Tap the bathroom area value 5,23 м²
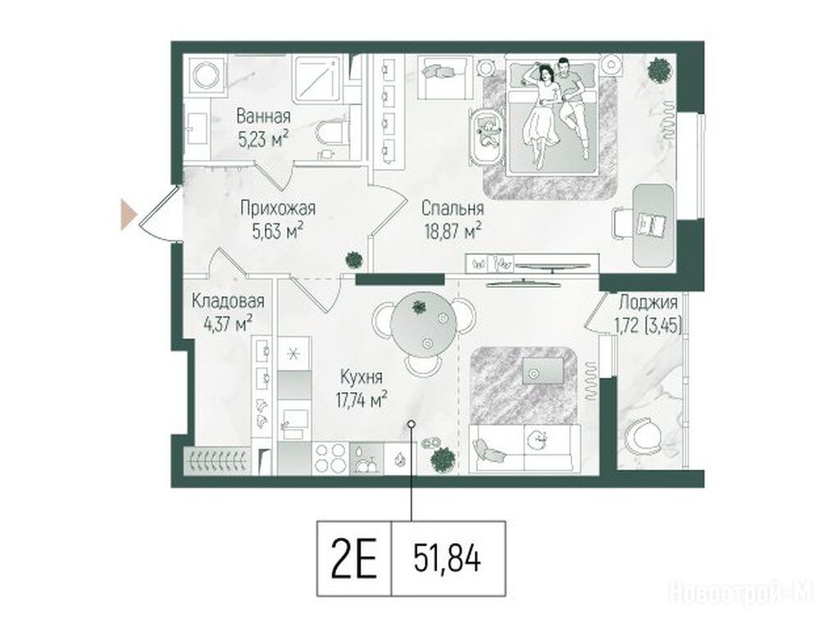263,139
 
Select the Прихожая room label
278,209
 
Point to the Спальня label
453,209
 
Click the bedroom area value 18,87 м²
453,231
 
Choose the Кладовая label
228,302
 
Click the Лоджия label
648,303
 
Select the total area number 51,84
447,558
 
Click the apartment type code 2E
354,559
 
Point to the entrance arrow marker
128,215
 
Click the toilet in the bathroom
331,134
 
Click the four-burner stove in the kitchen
330,459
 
